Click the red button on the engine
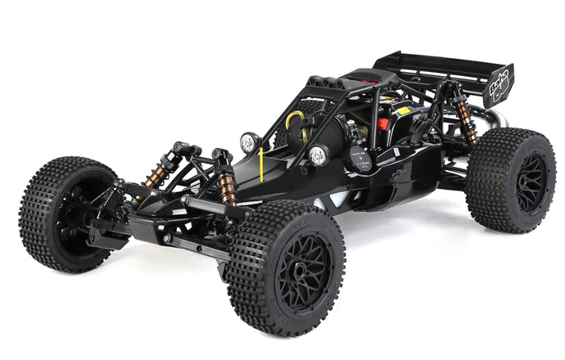pyautogui.click(x=382, y=124)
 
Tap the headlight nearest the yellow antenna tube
pyautogui.click(x=247, y=143)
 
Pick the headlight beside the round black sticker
pyautogui.click(x=318, y=155)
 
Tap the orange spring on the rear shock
pyautogui.click(x=467, y=121)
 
